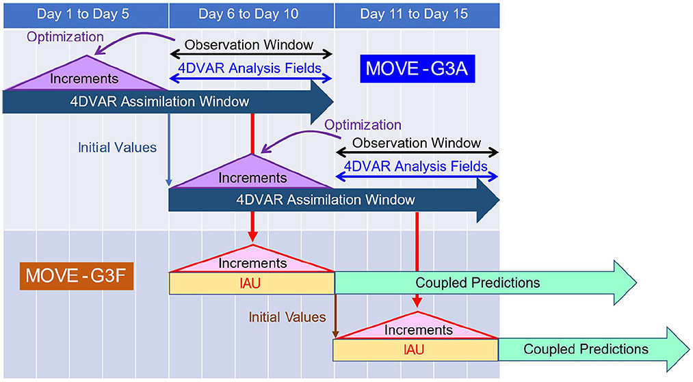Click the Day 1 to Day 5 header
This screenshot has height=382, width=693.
point(85,14)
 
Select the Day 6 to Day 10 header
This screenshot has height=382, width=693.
point(251,14)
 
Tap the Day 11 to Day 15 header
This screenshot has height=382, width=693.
point(416,14)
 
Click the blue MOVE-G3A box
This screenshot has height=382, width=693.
point(417,69)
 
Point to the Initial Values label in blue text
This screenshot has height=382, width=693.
point(117,148)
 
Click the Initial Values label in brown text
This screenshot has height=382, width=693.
point(287,317)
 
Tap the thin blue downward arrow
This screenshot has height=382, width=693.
point(168,150)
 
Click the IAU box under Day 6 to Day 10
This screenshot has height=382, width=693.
point(251,283)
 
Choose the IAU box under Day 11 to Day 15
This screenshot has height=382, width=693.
point(415,350)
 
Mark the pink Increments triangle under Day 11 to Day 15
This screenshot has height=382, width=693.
point(417,328)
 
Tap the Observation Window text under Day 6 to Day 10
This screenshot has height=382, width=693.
point(251,45)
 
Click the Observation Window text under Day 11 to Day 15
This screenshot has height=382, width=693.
point(417,144)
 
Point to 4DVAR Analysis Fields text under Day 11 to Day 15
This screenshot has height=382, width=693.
point(417,166)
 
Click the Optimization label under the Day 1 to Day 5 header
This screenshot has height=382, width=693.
point(65,36)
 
